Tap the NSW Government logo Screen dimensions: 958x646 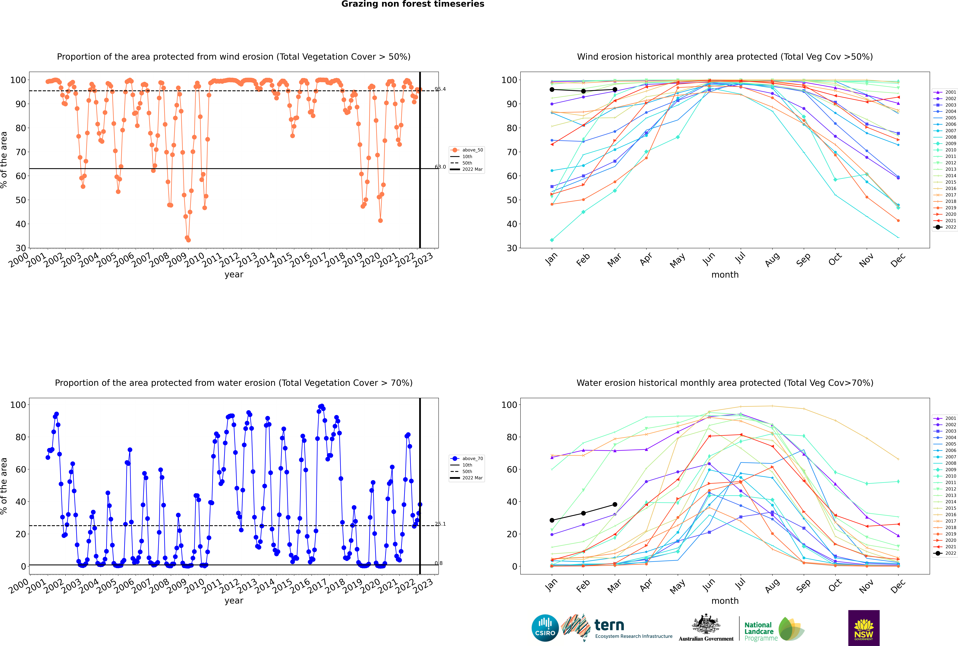(864, 628)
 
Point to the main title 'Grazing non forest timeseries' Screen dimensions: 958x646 (413, 4)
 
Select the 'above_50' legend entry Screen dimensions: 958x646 (467, 150)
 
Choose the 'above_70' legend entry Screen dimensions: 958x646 (467, 459)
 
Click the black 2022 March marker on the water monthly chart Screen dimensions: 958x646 (615, 504)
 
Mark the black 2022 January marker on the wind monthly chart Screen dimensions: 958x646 (552, 89)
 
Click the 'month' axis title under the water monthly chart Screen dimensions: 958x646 (725, 601)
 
